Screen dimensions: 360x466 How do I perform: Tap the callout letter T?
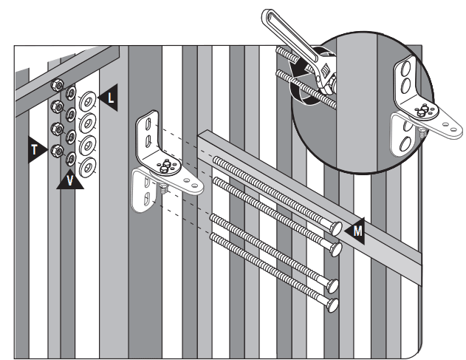click(x=35, y=149)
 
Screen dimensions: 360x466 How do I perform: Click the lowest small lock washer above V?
click(x=71, y=158)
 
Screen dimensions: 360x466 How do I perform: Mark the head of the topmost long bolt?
click(x=337, y=230)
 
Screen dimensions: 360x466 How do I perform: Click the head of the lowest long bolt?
click(x=334, y=303)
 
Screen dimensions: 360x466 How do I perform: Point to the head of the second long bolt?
click(x=337, y=249)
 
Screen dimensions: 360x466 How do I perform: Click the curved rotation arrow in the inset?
click(x=299, y=81)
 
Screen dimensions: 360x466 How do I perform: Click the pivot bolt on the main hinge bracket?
click(x=166, y=164)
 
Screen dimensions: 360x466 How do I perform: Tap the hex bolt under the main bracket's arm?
click(x=160, y=191)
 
